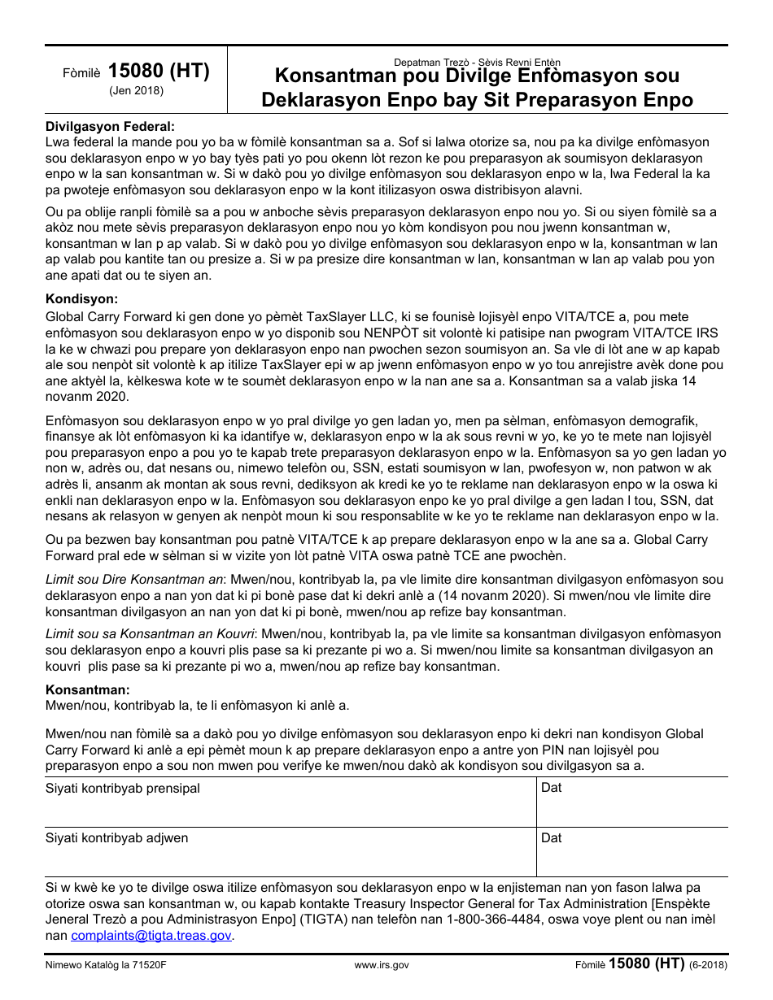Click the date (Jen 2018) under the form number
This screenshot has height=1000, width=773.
(137, 91)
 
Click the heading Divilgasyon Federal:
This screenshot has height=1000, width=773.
(110, 126)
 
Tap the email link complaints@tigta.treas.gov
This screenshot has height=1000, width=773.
(151, 936)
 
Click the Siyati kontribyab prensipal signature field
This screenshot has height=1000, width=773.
(289, 802)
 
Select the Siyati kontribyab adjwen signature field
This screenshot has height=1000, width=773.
(289, 851)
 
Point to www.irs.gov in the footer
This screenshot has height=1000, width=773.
(382, 966)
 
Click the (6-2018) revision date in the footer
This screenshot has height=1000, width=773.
(708, 966)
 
